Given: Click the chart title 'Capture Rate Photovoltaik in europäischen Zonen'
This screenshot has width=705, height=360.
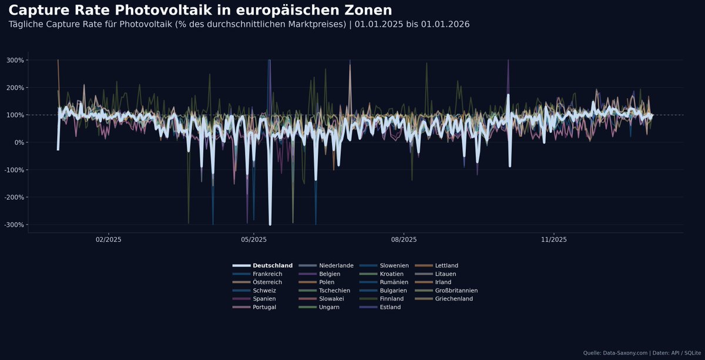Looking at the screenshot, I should coord(200,10).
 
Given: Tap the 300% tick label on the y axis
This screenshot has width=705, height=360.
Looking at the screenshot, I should coord(15,60).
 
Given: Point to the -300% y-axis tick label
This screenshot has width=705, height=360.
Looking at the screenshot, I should coord(14,225).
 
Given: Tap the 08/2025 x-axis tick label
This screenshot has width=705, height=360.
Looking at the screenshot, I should coord(404,240).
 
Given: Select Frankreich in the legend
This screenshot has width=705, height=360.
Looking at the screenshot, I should coord(267,274).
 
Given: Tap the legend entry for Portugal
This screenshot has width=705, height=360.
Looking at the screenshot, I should coord(265,307).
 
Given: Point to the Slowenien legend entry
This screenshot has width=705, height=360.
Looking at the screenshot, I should coord(394,266).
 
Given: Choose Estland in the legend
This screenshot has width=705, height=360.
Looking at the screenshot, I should coord(390,307).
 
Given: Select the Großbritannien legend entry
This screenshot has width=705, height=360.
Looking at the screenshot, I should coord(456,291).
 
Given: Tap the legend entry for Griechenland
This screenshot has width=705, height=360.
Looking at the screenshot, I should coord(454,299).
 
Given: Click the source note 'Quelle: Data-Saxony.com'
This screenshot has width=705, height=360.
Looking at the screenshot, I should coord(616,353).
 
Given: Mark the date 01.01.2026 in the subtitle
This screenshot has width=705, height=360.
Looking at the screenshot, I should coord(445,25).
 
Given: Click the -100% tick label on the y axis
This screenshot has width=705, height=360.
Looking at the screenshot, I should coord(14,170).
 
